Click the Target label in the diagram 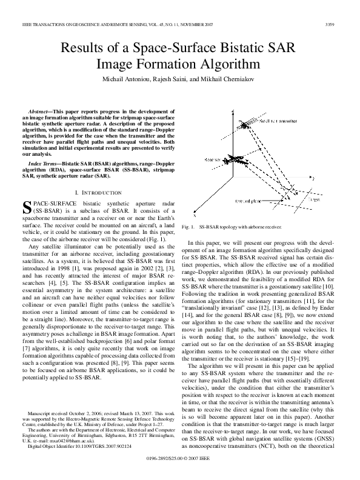tap(314, 199)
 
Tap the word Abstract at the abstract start tap(41, 112)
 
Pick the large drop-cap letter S tap(27, 209)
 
